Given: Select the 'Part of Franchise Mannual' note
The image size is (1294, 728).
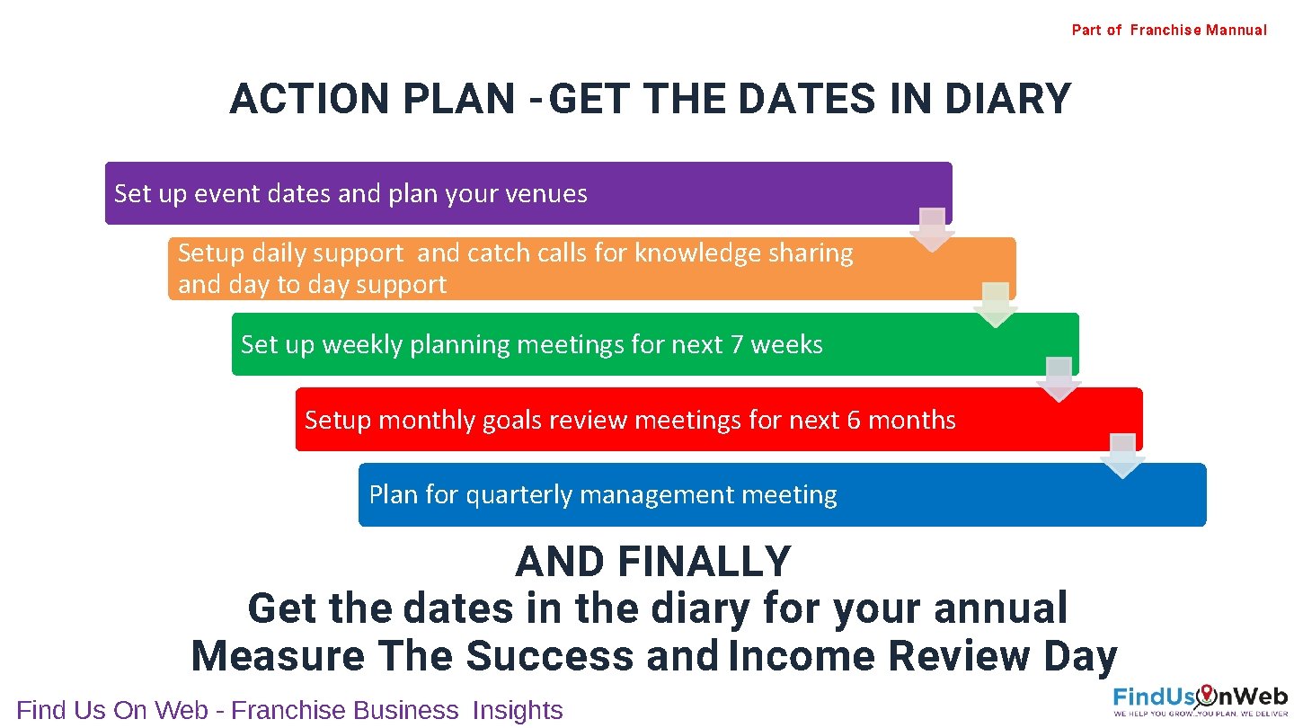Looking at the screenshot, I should pyautogui.click(x=1168, y=31).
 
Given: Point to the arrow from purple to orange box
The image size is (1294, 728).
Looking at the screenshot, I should pyautogui.click(x=932, y=230).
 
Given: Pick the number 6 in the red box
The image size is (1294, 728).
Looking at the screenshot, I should pyautogui.click(x=854, y=421).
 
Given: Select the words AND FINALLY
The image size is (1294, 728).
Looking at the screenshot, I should pyautogui.click(x=653, y=563).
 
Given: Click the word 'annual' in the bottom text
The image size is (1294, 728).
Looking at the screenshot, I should pyautogui.click(x=1000, y=608).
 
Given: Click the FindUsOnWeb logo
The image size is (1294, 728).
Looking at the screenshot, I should pyautogui.click(x=1200, y=699).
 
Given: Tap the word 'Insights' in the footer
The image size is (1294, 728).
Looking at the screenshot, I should pyautogui.click(x=518, y=710).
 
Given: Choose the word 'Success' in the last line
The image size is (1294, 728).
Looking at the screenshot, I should pyautogui.click(x=549, y=656).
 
